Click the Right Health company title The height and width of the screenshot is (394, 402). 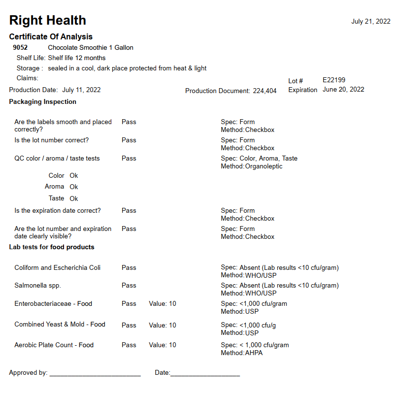[47, 20]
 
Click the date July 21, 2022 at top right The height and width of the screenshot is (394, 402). [370, 21]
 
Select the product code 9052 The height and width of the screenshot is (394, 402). [20, 48]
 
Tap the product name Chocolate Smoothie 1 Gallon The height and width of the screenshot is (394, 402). [90, 48]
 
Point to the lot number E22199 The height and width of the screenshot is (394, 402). [334, 80]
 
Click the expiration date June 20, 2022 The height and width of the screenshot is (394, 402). [343, 90]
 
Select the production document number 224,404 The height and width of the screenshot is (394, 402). [265, 91]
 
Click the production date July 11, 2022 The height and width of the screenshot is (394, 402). [81, 90]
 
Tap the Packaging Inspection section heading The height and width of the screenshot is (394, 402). [42, 102]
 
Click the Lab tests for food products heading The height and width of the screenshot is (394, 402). [51, 247]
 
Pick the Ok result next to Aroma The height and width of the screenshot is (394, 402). [74, 187]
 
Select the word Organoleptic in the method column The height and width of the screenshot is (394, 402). [264, 166]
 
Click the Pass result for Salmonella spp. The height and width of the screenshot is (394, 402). [129, 286]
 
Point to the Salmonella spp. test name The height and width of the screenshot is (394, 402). [37, 286]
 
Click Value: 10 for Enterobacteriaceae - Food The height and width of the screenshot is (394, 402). [162, 304]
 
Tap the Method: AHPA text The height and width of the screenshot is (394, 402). [241, 353]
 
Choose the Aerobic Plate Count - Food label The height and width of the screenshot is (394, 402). [54, 345]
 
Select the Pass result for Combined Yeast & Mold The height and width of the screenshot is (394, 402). [129, 326]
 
